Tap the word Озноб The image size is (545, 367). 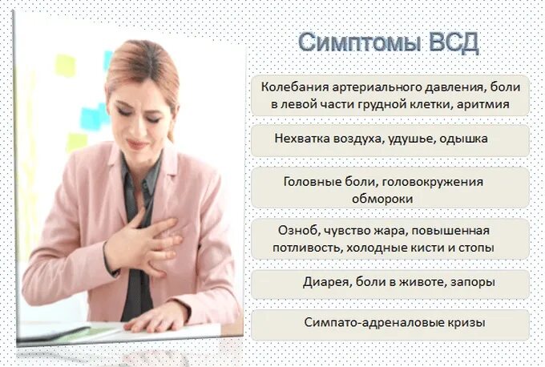click(x=296, y=231)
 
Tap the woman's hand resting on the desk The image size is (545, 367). click(x=157, y=317)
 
